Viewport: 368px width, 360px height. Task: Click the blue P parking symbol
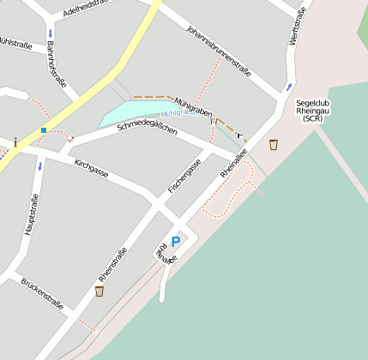(x=176, y=242)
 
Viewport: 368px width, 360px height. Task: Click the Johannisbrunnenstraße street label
(x=219, y=50)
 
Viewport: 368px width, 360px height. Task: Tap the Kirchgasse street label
(x=92, y=167)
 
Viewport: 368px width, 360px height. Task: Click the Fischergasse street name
(x=184, y=176)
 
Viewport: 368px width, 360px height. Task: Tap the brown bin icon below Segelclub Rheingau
(x=274, y=144)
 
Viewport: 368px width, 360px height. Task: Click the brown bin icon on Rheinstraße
(x=100, y=291)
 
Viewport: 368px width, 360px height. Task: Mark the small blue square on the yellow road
(x=43, y=130)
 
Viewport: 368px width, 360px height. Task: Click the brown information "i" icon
(x=15, y=141)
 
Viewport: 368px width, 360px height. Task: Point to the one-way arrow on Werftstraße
(x=289, y=87)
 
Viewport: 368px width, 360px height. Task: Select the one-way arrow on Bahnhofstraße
(x=50, y=33)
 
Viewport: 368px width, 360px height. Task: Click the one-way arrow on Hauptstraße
(x=39, y=165)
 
